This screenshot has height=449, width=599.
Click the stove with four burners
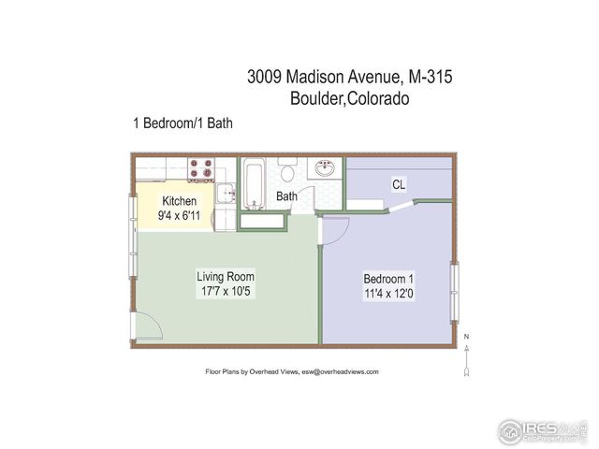[201, 169]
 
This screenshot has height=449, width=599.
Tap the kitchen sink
[226, 195]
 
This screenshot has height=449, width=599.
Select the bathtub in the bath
[255, 184]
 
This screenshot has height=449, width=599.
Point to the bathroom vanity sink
[325, 170]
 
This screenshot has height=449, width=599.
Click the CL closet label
[399, 184]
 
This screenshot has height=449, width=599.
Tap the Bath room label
[286, 196]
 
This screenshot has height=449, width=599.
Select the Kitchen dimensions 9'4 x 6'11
[180, 216]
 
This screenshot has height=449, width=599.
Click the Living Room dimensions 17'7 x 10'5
[226, 292]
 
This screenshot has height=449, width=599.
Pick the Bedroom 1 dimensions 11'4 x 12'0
[389, 295]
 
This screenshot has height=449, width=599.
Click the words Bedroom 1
[389, 280]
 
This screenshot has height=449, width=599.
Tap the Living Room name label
[226, 277]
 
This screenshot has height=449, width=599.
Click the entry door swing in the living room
[148, 325]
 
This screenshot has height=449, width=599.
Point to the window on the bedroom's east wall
[456, 291]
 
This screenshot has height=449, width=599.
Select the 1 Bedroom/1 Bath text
[183, 123]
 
